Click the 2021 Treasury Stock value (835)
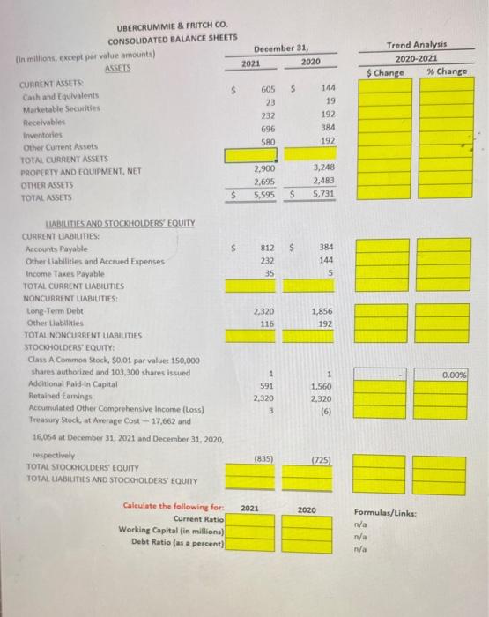(x=262, y=458)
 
